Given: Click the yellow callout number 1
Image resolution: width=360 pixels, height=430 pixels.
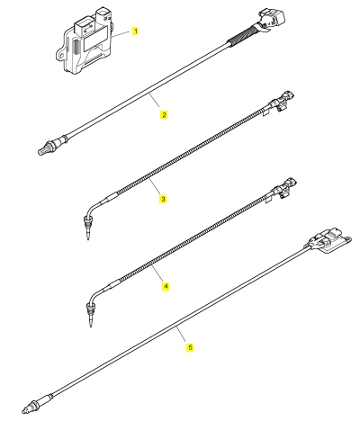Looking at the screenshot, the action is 135,31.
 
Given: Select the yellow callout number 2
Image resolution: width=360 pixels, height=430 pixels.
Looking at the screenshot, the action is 164,114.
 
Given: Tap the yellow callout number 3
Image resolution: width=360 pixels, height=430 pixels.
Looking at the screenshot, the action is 163,199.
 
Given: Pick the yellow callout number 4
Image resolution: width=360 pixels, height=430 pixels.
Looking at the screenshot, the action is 166,286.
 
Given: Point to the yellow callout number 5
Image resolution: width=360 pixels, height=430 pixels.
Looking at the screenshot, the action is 190,347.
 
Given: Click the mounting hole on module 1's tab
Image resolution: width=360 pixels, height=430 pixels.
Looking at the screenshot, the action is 61,56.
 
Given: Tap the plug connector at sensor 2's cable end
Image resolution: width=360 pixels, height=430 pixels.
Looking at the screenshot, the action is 271,20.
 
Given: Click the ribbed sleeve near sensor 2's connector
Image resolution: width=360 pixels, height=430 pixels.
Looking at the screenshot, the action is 243,35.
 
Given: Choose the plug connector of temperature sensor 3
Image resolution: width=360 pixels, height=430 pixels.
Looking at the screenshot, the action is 283,100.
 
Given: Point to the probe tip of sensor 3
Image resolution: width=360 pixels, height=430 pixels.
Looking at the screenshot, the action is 87,231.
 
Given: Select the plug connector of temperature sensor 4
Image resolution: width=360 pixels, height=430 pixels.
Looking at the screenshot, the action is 283,187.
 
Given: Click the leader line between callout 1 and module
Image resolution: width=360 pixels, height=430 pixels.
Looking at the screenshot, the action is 121,33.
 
